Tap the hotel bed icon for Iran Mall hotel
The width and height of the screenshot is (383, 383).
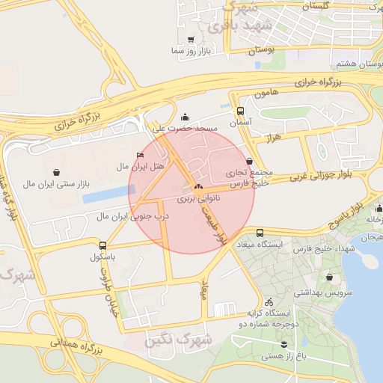point(141,156)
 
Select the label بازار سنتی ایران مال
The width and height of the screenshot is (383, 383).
point(52,183)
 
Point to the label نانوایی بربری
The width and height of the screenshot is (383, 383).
point(198,200)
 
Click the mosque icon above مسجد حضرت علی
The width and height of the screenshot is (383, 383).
point(186,117)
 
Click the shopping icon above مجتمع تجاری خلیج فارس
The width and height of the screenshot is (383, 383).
point(249,161)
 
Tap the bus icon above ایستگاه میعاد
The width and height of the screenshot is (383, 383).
point(260,233)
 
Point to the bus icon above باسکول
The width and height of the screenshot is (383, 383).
point(102,245)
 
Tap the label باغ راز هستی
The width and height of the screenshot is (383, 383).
point(284,357)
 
